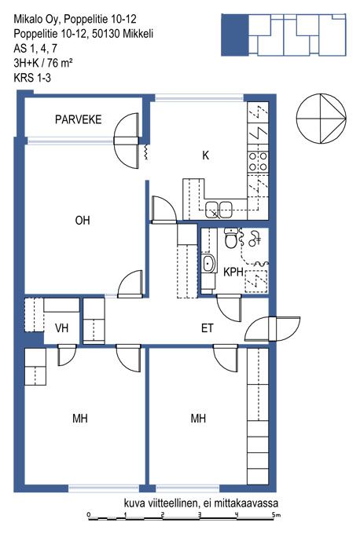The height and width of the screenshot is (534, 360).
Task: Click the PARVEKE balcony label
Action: (x=79, y=119)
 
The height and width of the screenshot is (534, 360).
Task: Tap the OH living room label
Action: (x=83, y=221)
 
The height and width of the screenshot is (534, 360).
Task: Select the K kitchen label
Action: (x=205, y=155)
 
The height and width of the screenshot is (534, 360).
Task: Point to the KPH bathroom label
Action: (x=233, y=272)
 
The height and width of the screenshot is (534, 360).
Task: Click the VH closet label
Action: (x=62, y=328)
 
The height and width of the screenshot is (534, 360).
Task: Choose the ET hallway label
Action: (x=208, y=328)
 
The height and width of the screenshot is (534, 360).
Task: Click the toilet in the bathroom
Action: (x=231, y=237)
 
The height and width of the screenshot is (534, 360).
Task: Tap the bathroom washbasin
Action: (x=208, y=264)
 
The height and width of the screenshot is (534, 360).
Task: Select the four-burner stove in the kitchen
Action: (x=258, y=162)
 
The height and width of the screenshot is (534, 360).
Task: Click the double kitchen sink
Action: (x=219, y=208)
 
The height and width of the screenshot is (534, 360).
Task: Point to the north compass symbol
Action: (x=321, y=119)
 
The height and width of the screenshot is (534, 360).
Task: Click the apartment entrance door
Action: (x=273, y=329)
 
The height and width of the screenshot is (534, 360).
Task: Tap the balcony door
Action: (x=127, y=141)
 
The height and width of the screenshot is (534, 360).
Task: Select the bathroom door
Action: (x=229, y=308)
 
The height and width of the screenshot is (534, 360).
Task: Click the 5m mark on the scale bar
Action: (x=276, y=514)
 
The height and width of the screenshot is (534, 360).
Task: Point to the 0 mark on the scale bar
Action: (x=89, y=514)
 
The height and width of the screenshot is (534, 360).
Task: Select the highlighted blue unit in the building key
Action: (x=235, y=35)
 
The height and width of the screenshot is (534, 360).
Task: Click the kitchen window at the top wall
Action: (x=200, y=99)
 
